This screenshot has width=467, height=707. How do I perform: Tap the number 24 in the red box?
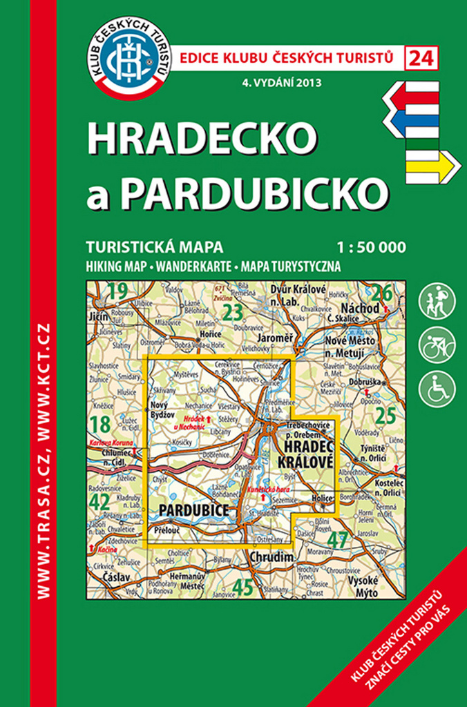click(422, 59)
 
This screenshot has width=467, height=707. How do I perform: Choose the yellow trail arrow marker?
click(432, 166)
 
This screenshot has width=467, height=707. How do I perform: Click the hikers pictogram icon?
click(437, 301)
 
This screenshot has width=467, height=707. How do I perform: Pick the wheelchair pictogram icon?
click(437, 388)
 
